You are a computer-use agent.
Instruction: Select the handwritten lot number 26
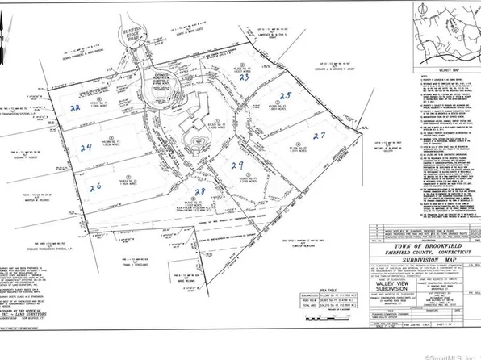coord(97,187)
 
